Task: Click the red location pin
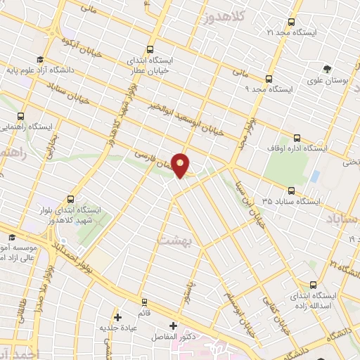click(x=181, y=165)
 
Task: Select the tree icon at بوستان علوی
click(x=327, y=68)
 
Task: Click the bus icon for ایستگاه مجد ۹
click(x=269, y=79)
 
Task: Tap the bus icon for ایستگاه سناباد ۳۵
click(x=291, y=190)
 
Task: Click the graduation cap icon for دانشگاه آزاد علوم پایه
click(x=40, y=60)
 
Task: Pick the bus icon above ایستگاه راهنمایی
click(x=20, y=115)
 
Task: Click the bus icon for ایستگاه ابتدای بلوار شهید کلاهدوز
click(x=70, y=199)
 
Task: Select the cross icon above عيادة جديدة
click(x=117, y=317)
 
